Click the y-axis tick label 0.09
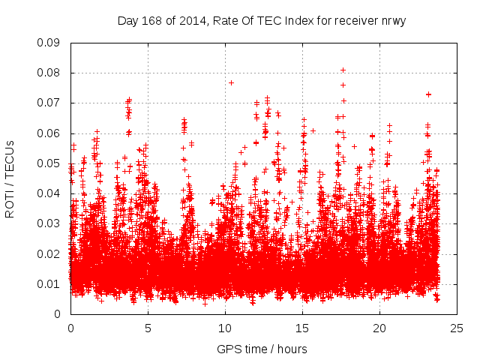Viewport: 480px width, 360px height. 49,42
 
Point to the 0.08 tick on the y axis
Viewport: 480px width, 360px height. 49,73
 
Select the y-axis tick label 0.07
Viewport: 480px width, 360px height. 49,103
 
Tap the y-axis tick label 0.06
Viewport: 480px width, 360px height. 49,133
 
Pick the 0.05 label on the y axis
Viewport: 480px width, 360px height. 49,163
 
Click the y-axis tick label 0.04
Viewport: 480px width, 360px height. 49,193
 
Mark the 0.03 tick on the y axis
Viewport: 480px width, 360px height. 49,223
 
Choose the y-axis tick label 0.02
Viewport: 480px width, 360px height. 49,253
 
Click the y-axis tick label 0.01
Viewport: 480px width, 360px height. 49,283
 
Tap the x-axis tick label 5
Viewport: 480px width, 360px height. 148,328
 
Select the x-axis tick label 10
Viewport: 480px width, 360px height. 225,328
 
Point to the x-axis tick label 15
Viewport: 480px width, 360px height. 302,328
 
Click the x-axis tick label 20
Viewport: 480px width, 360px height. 379,328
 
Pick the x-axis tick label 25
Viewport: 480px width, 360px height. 457,328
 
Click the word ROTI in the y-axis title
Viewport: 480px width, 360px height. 10,202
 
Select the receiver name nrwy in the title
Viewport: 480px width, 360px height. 392,21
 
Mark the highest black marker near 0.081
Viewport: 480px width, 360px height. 343,70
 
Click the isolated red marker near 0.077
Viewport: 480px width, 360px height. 231,82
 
